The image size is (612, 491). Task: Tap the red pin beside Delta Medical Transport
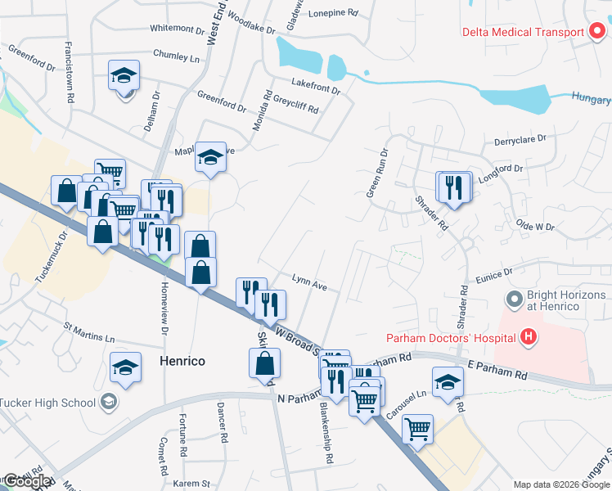597,32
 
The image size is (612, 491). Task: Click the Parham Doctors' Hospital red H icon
529,336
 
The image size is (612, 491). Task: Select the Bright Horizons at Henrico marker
514,299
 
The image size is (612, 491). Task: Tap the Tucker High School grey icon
109,402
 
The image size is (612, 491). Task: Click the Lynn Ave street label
309,287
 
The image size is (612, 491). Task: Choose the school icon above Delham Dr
124,76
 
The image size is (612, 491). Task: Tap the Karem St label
192,484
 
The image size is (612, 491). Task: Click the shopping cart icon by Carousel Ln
417,428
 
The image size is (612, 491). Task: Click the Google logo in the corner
28,482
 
